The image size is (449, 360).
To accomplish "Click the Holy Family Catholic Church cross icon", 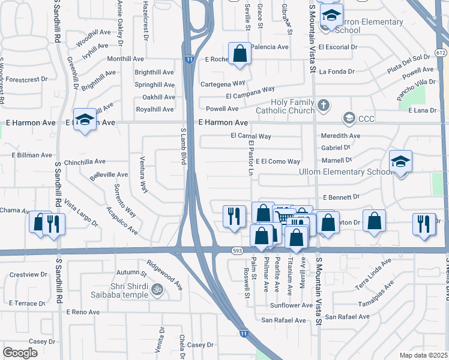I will point(324,106).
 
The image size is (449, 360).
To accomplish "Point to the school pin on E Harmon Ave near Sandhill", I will point(85,119).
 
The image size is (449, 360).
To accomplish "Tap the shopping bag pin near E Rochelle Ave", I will point(240,53).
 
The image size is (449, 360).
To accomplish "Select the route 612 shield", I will point(441,53).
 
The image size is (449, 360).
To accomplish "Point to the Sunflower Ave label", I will point(291,305).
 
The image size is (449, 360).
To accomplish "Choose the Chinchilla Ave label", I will point(85,162).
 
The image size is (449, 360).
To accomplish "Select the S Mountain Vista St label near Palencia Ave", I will point(312,36).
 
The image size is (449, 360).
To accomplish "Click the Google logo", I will point(20,353).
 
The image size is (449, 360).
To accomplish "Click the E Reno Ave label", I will point(83,312).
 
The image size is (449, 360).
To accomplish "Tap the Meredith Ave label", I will point(340,136).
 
